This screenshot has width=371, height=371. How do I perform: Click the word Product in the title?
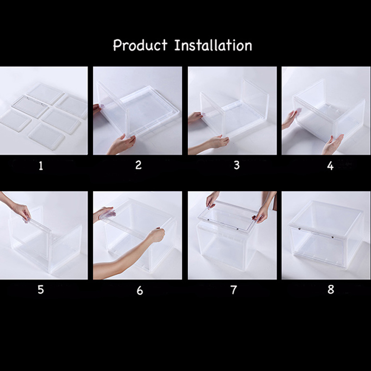point(141,45)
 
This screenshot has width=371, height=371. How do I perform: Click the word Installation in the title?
point(213,45)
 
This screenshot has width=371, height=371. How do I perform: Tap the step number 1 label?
point(41,166)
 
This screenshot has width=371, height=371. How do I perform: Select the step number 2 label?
point(138,165)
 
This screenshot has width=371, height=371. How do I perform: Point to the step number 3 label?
point(237,165)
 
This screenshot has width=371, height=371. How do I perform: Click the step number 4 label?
point(330,166)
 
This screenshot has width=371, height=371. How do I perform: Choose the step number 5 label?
point(41,289)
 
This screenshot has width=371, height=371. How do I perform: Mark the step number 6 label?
point(140,291)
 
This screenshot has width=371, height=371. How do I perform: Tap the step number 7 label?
point(234,290)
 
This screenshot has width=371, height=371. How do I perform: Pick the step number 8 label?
point(331,289)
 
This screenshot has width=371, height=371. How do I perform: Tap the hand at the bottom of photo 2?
point(122,144)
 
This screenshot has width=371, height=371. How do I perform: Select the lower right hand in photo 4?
point(333,144)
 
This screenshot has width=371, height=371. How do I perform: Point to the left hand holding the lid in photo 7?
point(212,200)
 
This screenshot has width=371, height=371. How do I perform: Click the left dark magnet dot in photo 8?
point(299,229)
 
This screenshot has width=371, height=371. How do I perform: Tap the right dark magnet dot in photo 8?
point(333,237)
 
